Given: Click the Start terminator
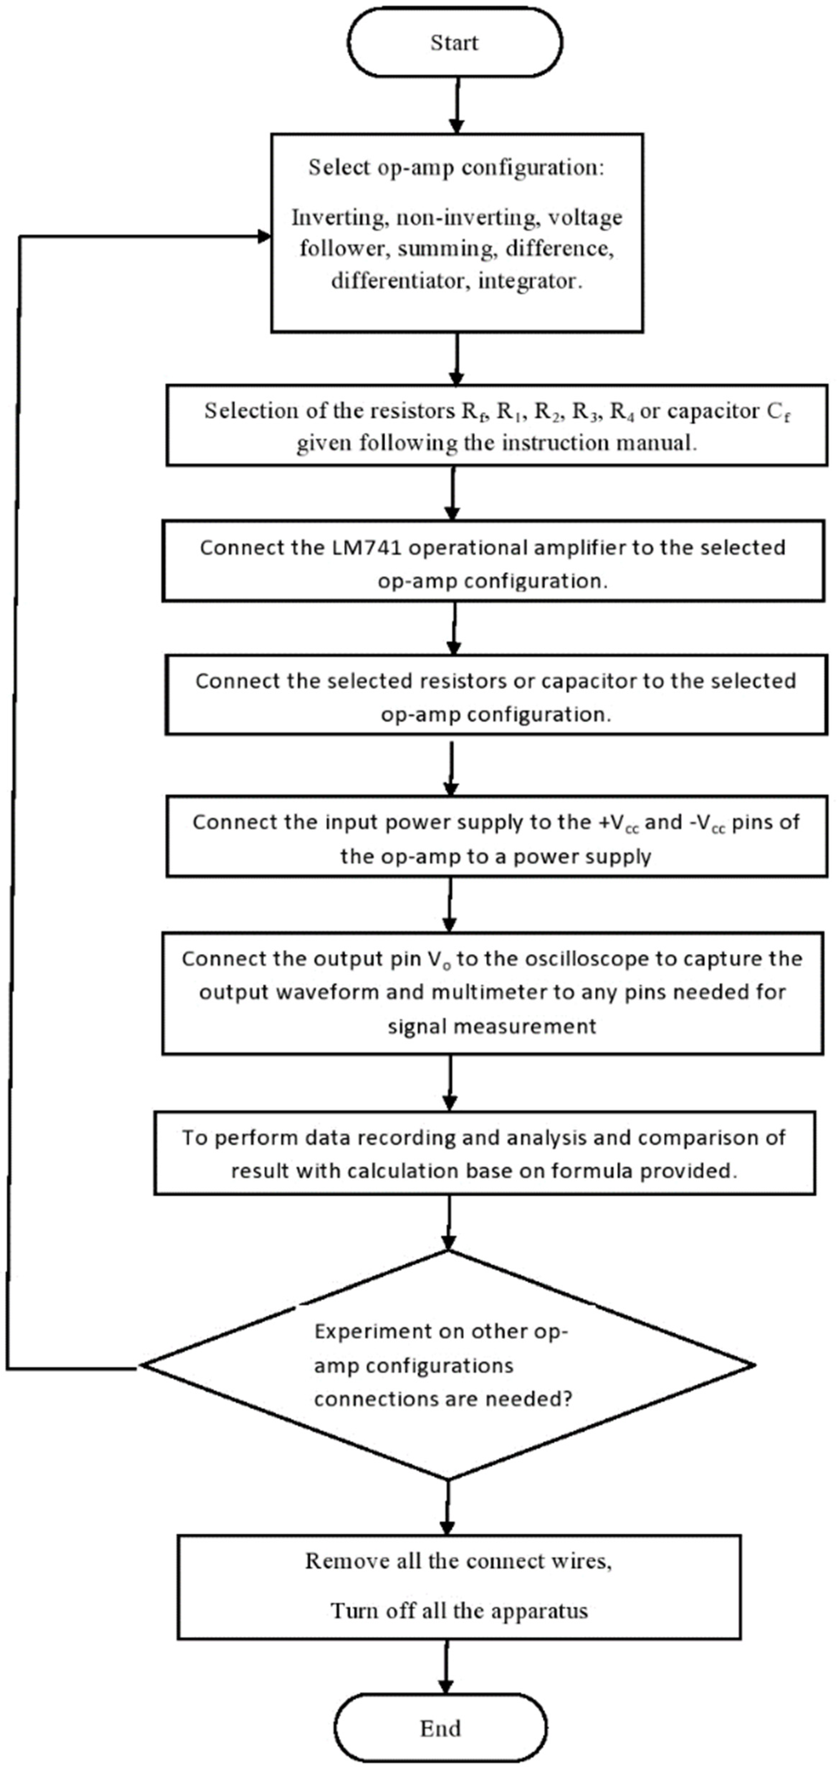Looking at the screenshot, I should point(454,43).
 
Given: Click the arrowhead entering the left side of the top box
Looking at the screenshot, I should point(263,236).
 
